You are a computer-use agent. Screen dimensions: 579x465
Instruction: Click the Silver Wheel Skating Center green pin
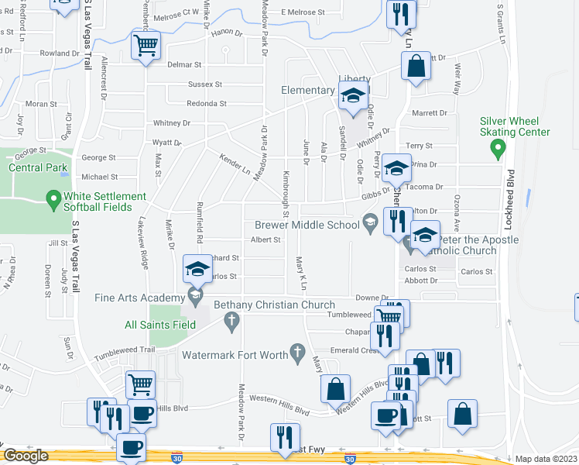[x=498, y=147]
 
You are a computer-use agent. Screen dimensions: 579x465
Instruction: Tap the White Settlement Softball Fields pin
[x=53, y=201]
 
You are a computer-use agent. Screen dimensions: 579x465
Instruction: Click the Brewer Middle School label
[x=307, y=225]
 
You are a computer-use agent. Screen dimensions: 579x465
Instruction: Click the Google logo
[x=26, y=456]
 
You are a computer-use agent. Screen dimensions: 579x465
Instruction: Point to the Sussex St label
[x=205, y=84]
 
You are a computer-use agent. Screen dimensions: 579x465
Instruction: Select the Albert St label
[x=265, y=240]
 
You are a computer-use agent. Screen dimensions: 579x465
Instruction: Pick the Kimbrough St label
[x=286, y=194]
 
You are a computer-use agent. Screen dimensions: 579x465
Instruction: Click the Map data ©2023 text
[x=546, y=459]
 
